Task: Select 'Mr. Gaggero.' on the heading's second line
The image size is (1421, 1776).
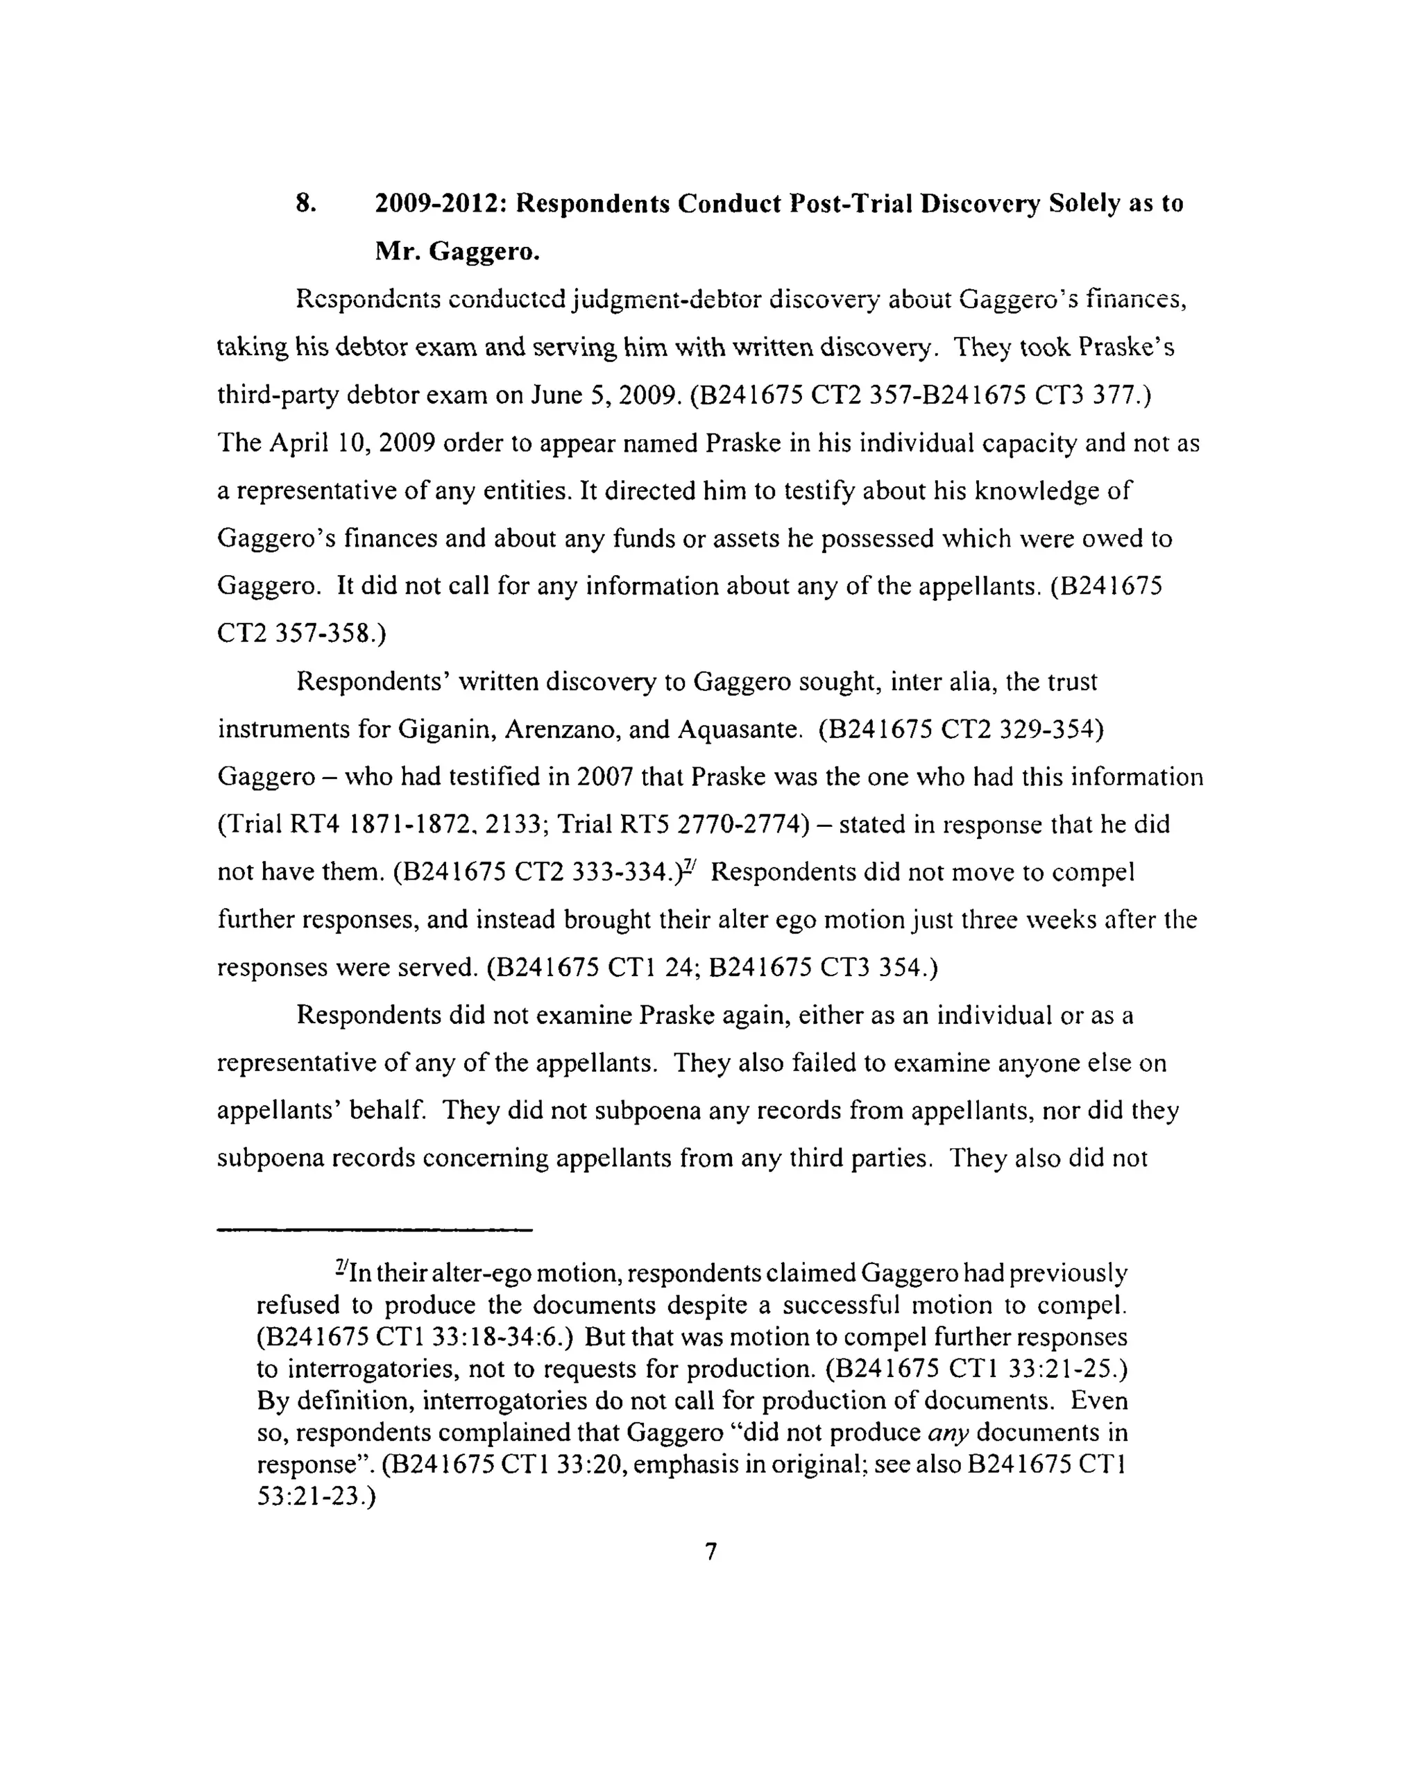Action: pyautogui.click(x=457, y=250)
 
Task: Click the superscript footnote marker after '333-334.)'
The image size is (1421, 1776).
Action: pyautogui.click(x=690, y=866)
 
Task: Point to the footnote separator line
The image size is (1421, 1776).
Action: pyautogui.click(x=375, y=1231)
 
